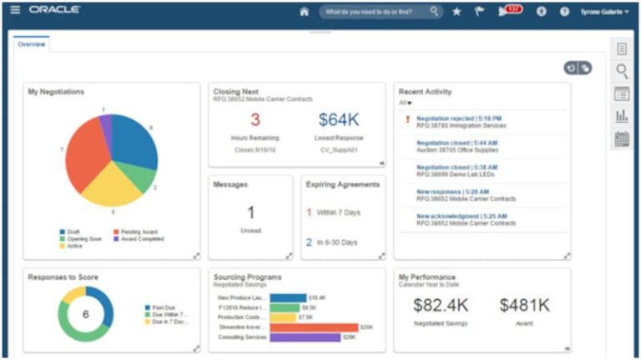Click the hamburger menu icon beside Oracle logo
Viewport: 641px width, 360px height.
tap(15, 10)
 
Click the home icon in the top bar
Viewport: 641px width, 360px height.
tap(304, 12)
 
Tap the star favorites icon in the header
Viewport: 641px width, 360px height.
tap(457, 12)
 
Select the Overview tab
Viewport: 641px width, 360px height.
tap(32, 44)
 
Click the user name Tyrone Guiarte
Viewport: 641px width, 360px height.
tap(603, 12)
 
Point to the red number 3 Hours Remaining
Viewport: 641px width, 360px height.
tap(255, 120)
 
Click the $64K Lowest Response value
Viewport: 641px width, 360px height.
tap(338, 120)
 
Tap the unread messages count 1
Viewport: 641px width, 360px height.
tap(250, 213)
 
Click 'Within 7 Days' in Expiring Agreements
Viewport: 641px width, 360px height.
tap(338, 212)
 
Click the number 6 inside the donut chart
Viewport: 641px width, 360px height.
tap(85, 314)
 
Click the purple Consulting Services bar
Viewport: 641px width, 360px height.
tap(305, 337)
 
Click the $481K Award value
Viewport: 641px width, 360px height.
tap(524, 306)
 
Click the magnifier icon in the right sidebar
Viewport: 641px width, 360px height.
tap(622, 71)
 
